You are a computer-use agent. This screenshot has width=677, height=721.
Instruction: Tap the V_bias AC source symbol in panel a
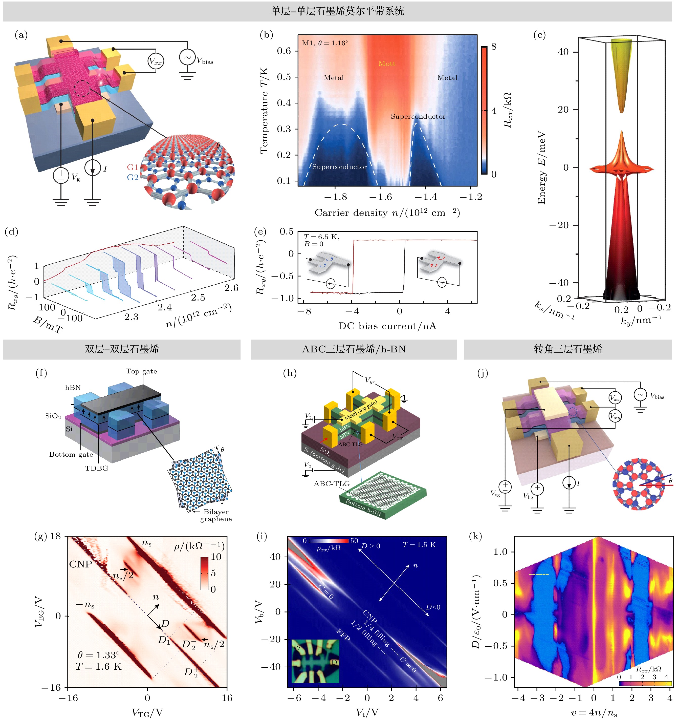187,58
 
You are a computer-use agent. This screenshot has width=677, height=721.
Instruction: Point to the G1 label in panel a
132,167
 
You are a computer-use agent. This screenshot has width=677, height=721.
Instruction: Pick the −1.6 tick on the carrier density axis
380,197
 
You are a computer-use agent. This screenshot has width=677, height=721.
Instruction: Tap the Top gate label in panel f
141,371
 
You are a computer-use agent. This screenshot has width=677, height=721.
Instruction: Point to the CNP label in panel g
80,564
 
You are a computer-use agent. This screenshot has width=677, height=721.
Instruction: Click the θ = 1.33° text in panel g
98,655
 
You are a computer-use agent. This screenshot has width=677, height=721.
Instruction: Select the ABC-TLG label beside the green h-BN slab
332,483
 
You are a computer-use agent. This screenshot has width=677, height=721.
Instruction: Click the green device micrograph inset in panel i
315,661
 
